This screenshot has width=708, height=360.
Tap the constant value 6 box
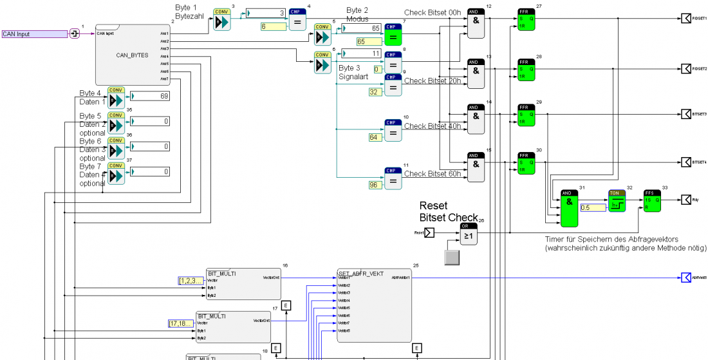[x=273, y=26]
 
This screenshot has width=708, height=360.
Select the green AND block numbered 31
[x=570, y=209]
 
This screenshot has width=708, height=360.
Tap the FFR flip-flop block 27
[x=526, y=21]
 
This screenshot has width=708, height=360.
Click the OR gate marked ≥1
[x=468, y=235]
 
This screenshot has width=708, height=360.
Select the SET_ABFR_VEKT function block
[x=374, y=305]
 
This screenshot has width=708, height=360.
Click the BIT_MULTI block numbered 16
[x=243, y=284]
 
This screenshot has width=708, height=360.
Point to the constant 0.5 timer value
[x=593, y=207]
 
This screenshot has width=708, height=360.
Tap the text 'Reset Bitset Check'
[x=448, y=211]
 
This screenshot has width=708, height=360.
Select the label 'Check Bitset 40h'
[x=431, y=126]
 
